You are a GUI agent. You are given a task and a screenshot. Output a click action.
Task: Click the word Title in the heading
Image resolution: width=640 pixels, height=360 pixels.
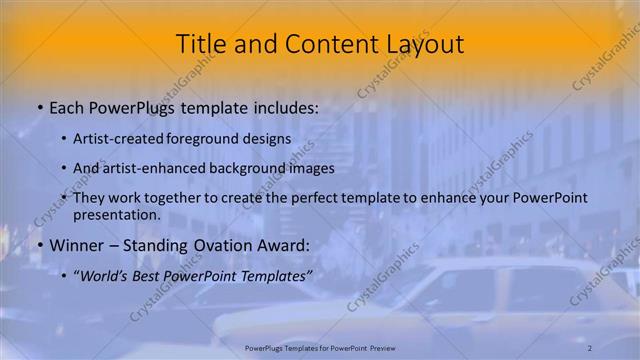click(x=200, y=44)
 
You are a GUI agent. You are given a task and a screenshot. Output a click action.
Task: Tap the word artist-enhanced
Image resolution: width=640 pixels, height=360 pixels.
click(x=151, y=168)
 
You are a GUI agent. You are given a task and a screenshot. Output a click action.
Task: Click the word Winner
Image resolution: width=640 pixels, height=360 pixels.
click(x=76, y=244)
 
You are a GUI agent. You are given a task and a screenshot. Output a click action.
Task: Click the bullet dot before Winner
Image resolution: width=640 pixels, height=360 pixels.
click(x=39, y=245)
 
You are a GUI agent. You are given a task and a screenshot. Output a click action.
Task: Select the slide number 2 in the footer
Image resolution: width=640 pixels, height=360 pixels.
click(x=590, y=347)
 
